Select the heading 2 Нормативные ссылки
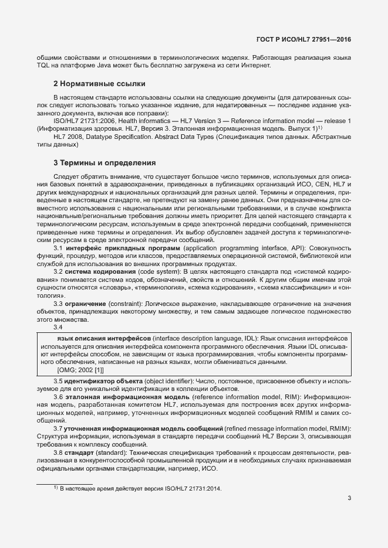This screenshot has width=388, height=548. pos(99,83)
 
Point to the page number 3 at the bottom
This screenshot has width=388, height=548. pos(349,499)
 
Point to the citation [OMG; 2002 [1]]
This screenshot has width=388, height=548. pos(80,370)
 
